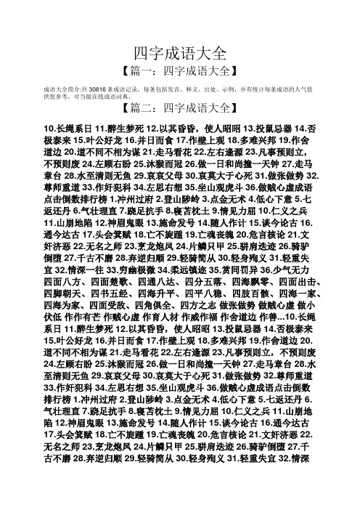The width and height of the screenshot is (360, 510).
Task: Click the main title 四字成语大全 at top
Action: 180,52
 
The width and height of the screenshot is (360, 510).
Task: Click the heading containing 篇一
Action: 180,72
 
